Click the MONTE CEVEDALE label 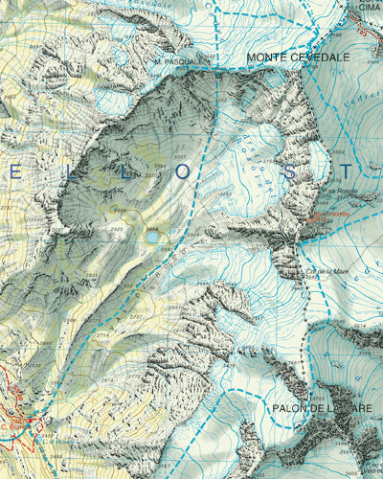(298, 57)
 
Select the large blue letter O (182, 172)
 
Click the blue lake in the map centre (151, 236)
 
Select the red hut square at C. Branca (29, 420)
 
